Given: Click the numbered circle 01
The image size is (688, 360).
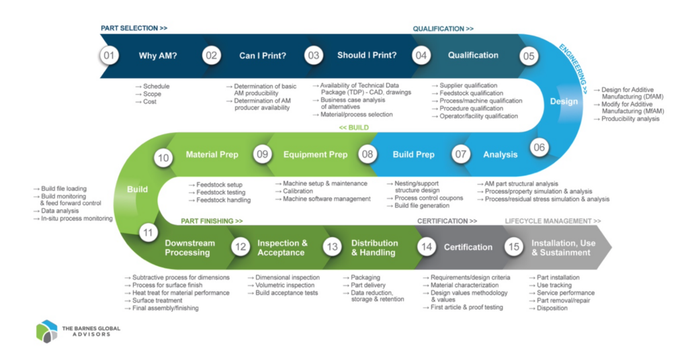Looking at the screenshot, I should [x=108, y=56].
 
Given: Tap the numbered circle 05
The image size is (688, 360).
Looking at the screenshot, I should [x=529, y=56].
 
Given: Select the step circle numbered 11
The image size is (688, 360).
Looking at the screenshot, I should [x=148, y=232].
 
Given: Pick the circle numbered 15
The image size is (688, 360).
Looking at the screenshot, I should [x=514, y=247].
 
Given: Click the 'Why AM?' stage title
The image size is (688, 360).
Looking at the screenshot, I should [x=157, y=56].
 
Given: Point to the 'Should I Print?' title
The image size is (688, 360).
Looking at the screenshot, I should [x=367, y=56].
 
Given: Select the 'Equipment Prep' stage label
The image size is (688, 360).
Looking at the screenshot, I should [x=315, y=154].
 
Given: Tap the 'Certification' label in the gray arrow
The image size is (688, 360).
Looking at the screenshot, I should [x=468, y=247].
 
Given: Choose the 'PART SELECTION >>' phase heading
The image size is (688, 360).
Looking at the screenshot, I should [x=134, y=28].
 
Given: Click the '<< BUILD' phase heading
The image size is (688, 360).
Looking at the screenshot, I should [x=353, y=127].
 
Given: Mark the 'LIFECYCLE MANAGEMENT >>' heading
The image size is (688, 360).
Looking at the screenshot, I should [x=552, y=221].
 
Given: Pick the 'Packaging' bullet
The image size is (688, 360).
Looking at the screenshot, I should [x=365, y=277].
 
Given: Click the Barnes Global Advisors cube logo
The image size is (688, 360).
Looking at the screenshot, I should [x=46, y=332].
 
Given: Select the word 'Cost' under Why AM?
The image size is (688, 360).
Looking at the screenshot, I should [x=149, y=102].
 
